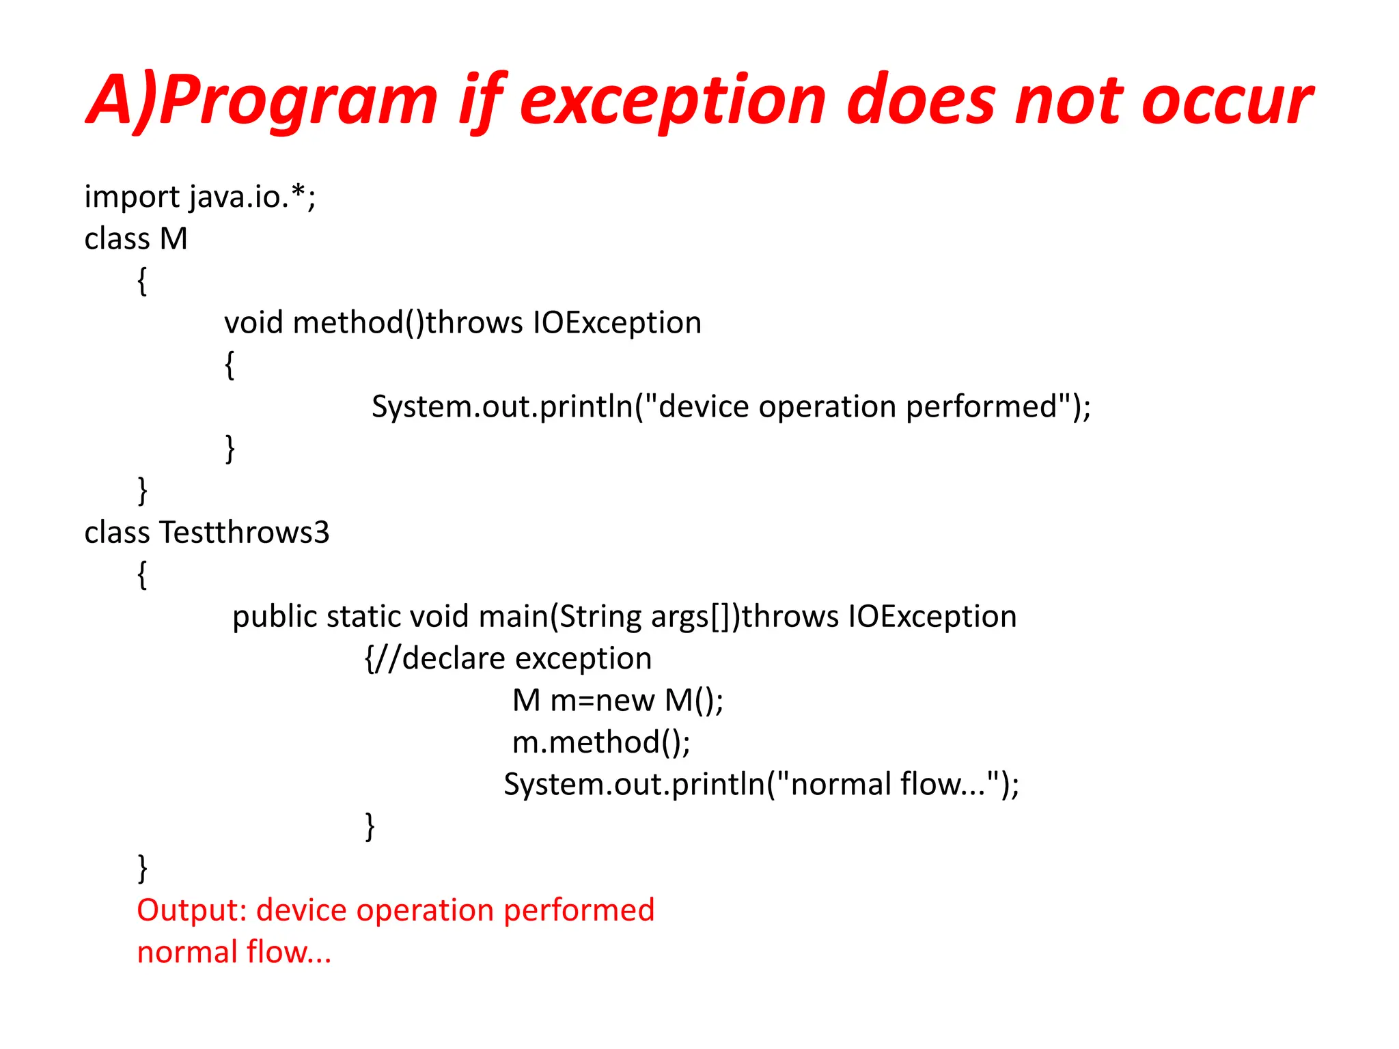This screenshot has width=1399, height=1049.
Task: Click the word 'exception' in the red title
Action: (x=673, y=101)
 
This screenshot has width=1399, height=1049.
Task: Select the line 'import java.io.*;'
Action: (x=200, y=197)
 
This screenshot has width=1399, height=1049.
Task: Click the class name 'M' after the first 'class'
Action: (x=174, y=239)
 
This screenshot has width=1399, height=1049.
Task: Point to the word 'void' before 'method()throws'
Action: (x=253, y=322)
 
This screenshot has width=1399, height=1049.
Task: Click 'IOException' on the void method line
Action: (x=617, y=322)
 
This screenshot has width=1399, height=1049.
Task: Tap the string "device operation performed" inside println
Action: (x=857, y=406)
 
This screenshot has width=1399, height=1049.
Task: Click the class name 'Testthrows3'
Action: (x=245, y=533)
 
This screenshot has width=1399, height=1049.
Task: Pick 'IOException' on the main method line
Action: (x=932, y=617)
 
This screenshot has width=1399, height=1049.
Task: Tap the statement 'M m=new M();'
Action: (x=618, y=701)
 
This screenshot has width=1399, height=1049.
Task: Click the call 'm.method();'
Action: (x=601, y=742)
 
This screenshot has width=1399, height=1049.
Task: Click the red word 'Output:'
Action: (x=192, y=910)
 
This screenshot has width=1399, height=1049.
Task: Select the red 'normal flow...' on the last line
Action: (x=234, y=952)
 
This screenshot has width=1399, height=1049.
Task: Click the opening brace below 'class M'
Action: (x=142, y=281)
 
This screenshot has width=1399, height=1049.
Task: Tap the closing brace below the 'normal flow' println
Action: (x=370, y=826)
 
